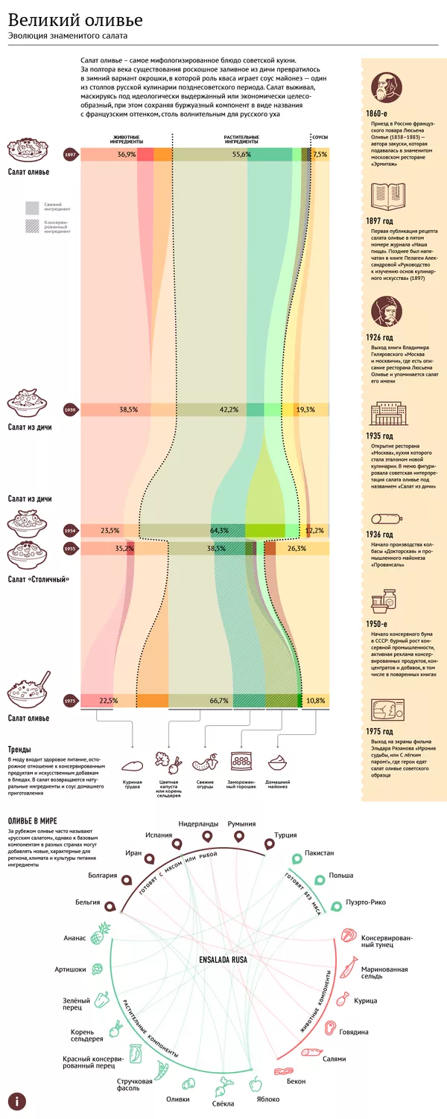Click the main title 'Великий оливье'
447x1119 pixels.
75,20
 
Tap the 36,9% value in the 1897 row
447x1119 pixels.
127,155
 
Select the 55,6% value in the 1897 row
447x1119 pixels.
241,155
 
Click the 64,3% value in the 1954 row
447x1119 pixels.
219,531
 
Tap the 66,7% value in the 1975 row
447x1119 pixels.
219,701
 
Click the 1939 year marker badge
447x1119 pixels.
71,409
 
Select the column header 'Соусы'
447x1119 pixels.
320,138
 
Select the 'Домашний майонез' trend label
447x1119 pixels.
278,785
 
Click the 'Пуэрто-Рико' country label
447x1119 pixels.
364,903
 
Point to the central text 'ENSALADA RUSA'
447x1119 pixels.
223,960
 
